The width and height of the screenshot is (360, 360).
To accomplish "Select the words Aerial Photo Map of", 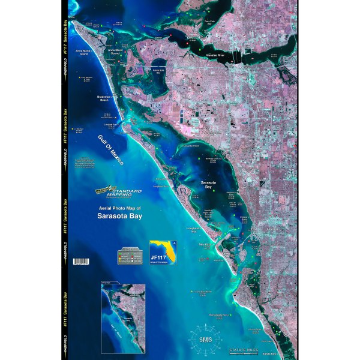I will (x=117, y=207).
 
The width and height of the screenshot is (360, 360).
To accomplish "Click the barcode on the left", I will (x=80, y=261).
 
